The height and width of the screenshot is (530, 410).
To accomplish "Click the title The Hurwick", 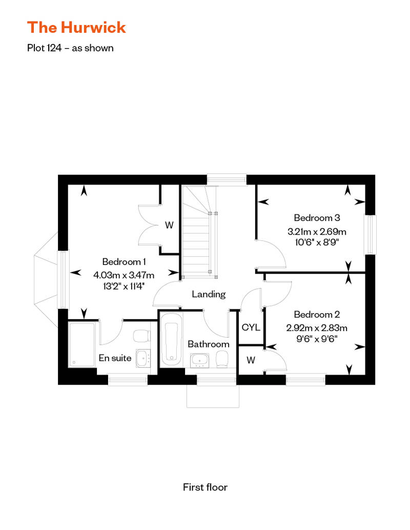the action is pyautogui.click(x=76, y=28).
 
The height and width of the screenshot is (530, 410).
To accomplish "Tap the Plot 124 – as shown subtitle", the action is pyautogui.click(x=70, y=48).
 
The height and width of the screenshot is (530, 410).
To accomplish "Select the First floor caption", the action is pyautogui.click(x=205, y=487).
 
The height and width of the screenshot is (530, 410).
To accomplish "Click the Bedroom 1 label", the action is pyautogui.click(x=124, y=261).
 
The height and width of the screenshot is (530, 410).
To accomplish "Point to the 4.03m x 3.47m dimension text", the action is pyautogui.click(x=124, y=275).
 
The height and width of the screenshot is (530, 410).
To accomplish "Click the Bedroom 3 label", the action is pyautogui.click(x=317, y=218).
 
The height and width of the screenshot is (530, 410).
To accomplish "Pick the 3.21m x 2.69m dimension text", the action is pyautogui.click(x=317, y=232).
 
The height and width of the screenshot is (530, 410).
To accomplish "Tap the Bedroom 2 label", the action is pyautogui.click(x=317, y=314).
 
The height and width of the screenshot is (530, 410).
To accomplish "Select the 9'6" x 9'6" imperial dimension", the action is pyautogui.click(x=317, y=339).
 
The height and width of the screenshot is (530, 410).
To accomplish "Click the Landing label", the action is pyautogui.click(x=209, y=294).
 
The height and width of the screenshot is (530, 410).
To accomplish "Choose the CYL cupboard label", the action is pyautogui.click(x=251, y=327).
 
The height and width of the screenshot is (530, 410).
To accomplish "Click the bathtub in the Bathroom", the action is pyautogui.click(x=171, y=339).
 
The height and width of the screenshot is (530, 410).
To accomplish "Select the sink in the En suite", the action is pyautogui.click(x=143, y=358).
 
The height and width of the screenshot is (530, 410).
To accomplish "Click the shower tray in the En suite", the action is pyautogui.click(x=82, y=345).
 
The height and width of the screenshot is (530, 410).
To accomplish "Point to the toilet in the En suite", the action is pyautogui.click(x=142, y=336).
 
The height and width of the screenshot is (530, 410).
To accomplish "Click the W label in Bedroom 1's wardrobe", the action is pyautogui.click(x=169, y=225).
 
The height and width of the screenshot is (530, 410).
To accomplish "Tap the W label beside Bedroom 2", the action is pyautogui.click(x=251, y=360).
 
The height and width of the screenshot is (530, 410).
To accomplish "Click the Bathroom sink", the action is pyautogui.click(x=200, y=361).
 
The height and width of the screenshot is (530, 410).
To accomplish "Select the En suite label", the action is pyautogui.click(x=115, y=358).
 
